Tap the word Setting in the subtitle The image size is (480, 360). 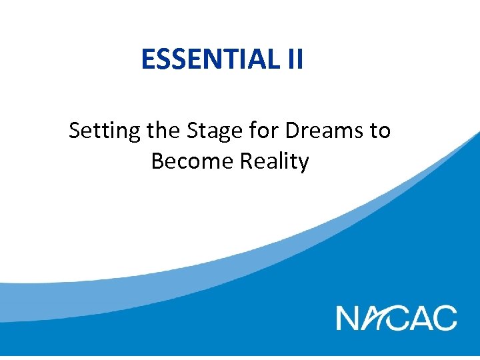pos(105,131)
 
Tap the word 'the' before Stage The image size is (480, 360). pos(163,130)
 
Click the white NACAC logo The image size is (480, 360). pos(397,317)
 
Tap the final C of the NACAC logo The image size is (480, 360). pos(445,317)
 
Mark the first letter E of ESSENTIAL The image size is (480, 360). pos(148,59)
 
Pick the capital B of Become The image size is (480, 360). pos(158,161)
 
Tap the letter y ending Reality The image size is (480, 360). pos(303,163)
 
